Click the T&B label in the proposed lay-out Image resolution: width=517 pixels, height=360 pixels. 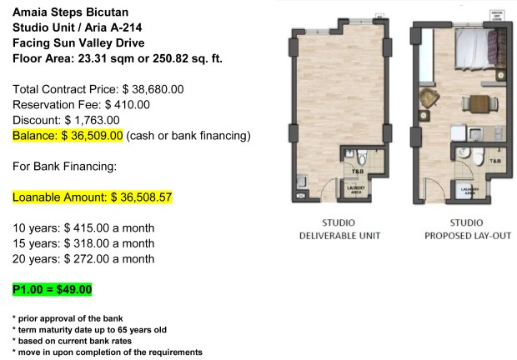pyautogui.click(x=494, y=160)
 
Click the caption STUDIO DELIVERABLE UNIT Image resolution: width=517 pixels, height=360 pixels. pyautogui.click(x=339, y=229)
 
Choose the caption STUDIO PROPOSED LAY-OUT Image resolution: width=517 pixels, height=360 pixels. pyautogui.click(x=466, y=229)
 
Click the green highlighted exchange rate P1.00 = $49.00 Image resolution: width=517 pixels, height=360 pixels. pyautogui.click(x=52, y=290)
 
